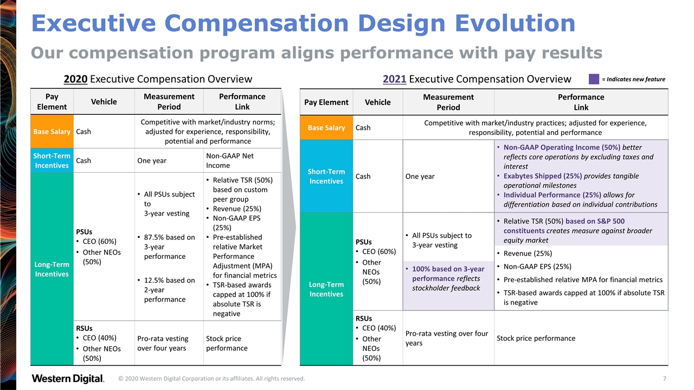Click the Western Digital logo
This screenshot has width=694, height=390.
68,378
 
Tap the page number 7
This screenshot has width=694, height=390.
664,378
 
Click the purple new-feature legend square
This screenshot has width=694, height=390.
594,79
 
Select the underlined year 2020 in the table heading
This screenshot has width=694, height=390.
75,79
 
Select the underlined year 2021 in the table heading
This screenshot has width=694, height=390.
394,79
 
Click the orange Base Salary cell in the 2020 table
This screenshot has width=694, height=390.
52,132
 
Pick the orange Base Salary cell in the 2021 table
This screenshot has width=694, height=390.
326,127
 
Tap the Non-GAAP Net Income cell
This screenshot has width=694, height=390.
242,160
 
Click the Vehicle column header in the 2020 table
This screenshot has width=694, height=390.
104,101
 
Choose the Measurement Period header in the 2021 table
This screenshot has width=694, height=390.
448,102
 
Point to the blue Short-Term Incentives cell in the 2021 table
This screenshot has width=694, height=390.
326,176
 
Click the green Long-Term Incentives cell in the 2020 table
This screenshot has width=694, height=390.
52,269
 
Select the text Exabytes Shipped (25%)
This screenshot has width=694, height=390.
543,176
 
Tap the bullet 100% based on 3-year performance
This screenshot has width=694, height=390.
448,274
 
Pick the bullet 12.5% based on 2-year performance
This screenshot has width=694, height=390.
166,290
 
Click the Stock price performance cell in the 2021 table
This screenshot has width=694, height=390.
536,338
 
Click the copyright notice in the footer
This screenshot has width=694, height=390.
211,379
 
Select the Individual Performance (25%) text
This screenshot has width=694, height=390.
552,195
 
